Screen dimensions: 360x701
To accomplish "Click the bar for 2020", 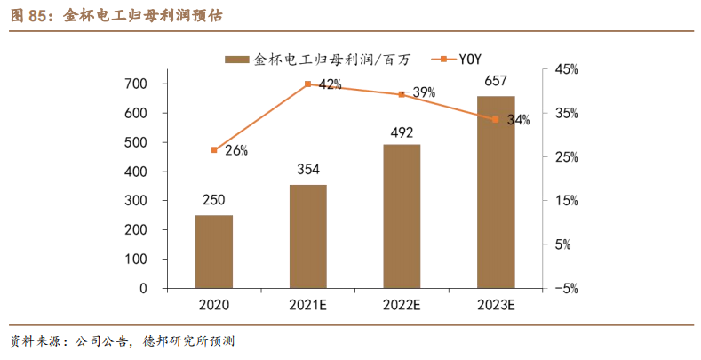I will click(213, 252).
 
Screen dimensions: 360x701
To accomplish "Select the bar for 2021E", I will click(307, 236).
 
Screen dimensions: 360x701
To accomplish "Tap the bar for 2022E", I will click(402, 216).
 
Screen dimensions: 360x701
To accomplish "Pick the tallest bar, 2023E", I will click(496, 192).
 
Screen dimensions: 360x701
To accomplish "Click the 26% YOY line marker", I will click(213, 150).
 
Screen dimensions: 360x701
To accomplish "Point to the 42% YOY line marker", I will click(307, 84).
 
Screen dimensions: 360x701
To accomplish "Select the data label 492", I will click(402, 132).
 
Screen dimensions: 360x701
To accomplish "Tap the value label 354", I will click(307, 171).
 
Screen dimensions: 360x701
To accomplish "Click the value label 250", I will click(213, 201).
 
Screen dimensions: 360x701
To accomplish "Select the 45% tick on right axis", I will click(567, 69).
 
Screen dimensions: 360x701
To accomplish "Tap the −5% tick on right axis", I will click(566, 289).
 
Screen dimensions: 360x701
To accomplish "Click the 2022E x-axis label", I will click(402, 306).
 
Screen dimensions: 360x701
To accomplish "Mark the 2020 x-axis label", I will click(213, 306).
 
